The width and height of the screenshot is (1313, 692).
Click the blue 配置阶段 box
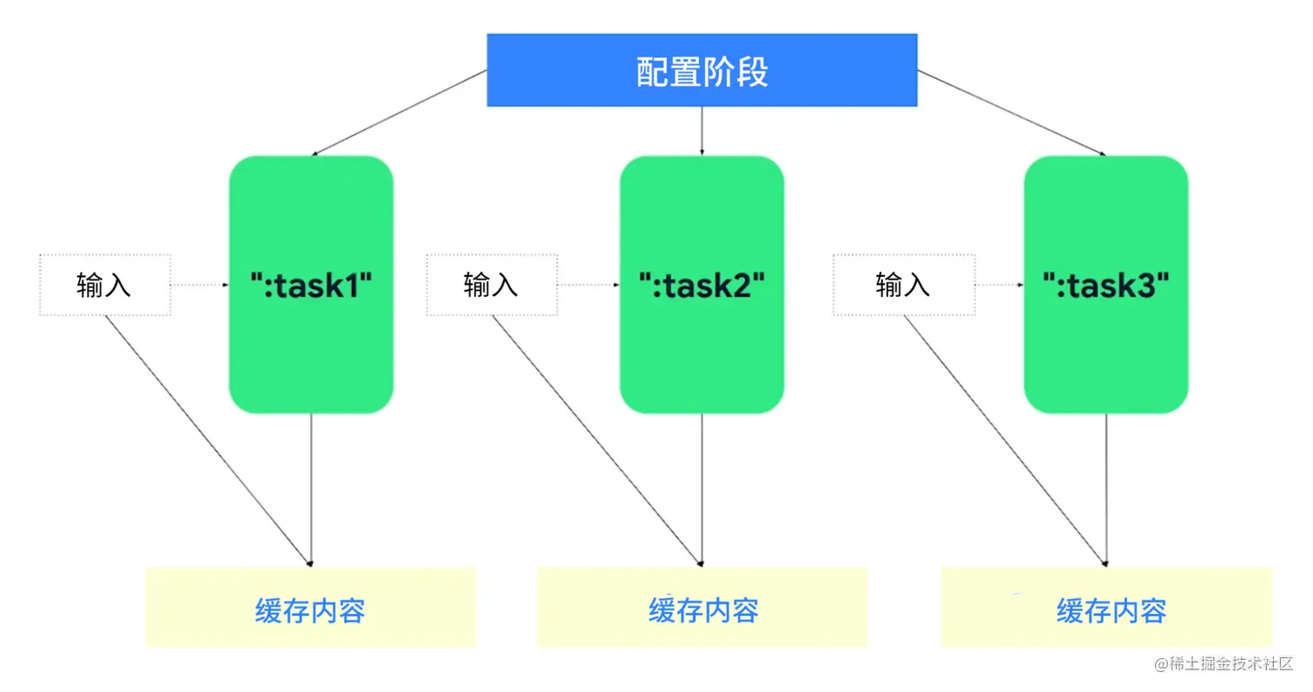coord(702,70)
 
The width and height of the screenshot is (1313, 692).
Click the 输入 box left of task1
coord(105,285)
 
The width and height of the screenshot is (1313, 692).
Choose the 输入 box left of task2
coord(492,285)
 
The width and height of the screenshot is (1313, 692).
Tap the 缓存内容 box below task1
coord(311,608)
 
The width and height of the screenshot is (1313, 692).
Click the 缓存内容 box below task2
coord(702,608)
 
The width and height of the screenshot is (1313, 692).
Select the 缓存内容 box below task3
coord(1106,608)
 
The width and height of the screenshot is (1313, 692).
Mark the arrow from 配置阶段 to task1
coord(399,113)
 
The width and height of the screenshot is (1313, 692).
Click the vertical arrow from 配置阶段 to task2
coord(702,130)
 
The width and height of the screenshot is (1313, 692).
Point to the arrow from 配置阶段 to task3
coord(1012,114)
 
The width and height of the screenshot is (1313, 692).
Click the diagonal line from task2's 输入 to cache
coord(597,440)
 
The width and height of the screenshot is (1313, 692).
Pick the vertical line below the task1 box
coord(311,486)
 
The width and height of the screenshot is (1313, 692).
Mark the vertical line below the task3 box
coord(1106,486)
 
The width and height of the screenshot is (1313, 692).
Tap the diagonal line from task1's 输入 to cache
coord(208,440)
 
